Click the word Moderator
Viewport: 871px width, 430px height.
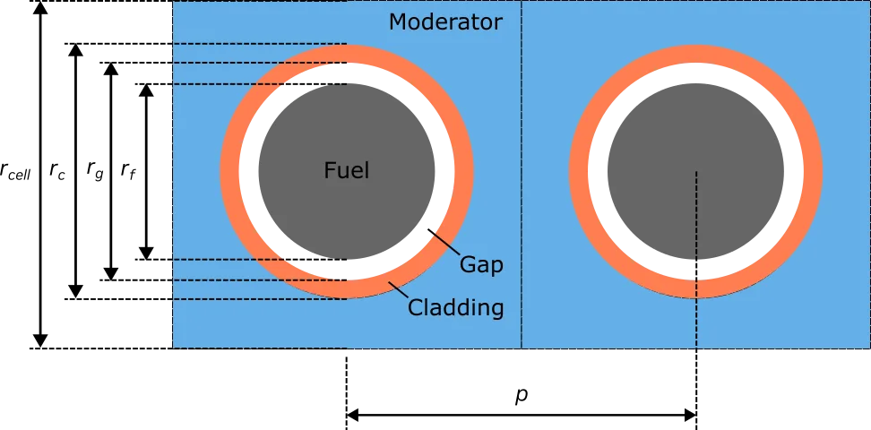coord(445,22)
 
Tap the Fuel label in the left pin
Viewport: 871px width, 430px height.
coord(347,170)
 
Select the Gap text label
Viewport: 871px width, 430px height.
coord(481,264)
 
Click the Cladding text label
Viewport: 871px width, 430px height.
coord(455,308)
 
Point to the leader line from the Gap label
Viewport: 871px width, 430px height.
coord(443,243)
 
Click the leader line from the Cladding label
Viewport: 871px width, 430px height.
coord(399,291)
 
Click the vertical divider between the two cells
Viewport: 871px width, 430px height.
coord(522,179)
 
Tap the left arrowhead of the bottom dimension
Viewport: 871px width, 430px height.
coord(351,415)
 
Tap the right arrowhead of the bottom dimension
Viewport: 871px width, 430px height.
coord(694,415)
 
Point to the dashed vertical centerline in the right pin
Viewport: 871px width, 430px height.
coord(696,215)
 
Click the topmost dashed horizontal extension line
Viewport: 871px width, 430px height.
coord(260,43)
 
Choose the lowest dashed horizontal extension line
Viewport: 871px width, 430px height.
coord(260,298)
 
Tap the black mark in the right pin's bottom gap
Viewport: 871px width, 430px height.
coord(698,268)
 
